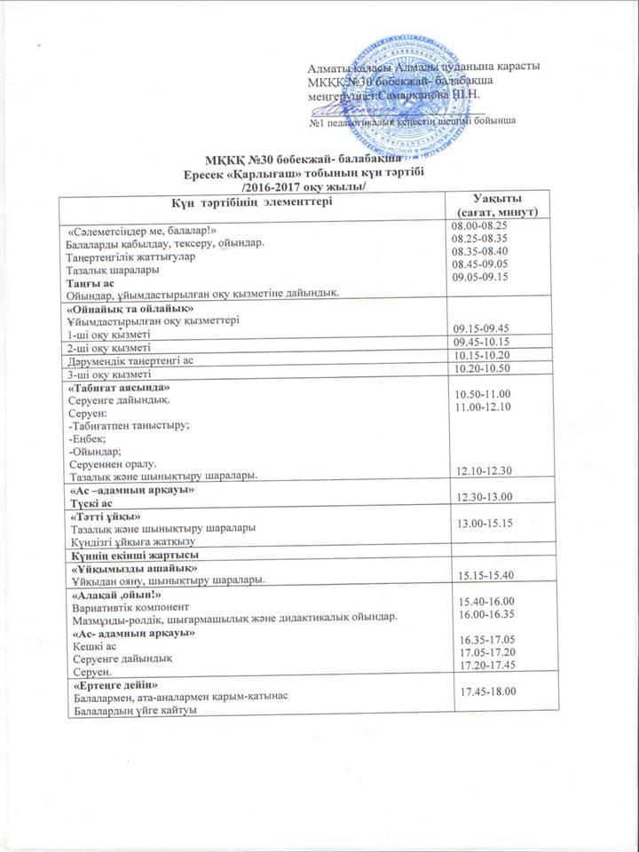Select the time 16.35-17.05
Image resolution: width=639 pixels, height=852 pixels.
(x=484, y=639)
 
